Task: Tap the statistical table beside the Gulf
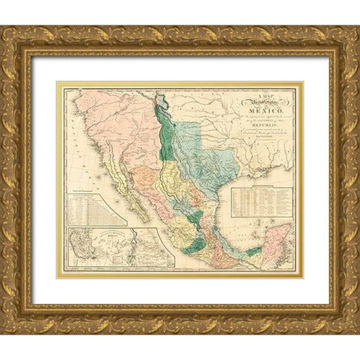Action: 261,201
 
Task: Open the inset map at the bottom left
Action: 120,247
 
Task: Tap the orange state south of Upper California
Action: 146,161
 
